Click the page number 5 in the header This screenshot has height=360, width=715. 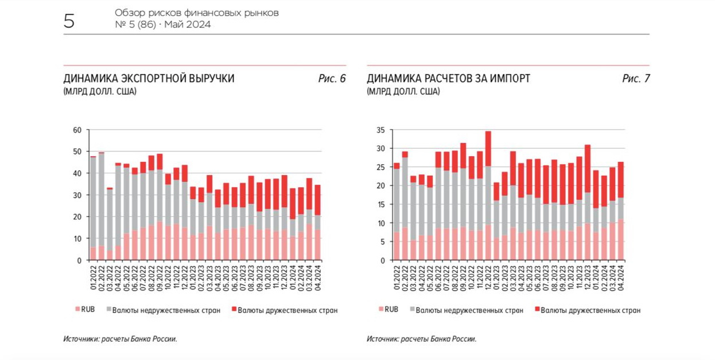69,22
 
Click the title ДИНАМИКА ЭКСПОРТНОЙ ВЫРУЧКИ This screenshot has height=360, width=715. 149,79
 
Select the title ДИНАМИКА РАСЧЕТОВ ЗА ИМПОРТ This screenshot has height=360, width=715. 448,79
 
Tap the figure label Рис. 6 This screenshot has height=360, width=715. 332,79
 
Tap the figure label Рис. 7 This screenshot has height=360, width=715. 635,79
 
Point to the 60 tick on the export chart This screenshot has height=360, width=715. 77,130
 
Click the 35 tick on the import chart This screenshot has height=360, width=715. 380,130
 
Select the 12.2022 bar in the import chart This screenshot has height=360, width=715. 488,196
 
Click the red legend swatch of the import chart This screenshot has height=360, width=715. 537,310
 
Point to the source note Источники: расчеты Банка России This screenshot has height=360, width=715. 120,339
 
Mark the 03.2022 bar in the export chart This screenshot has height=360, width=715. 110,224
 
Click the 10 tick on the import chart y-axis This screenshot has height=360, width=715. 380,223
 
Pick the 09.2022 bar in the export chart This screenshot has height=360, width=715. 160,207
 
